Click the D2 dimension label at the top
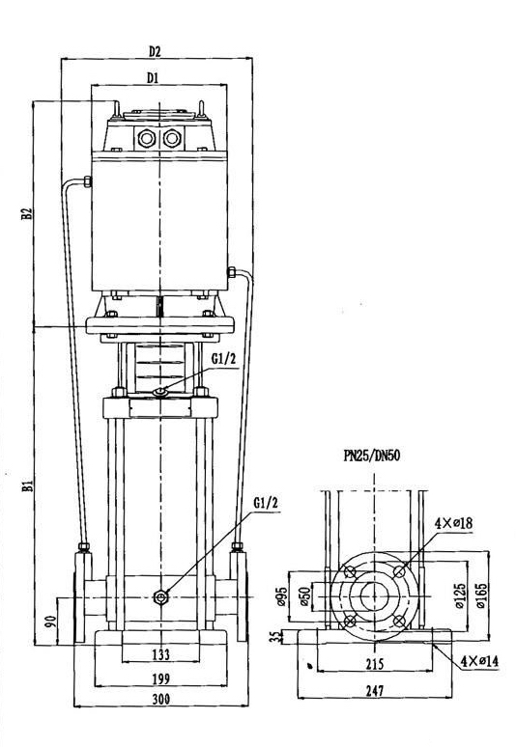(155, 51)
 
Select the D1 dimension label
(152, 77)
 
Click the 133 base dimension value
(160, 654)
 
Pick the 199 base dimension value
(160, 678)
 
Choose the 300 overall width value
(161, 699)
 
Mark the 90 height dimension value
(51, 622)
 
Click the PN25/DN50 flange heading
(371, 456)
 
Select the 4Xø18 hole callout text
(453, 523)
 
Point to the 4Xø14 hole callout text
(479, 661)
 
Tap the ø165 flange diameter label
(480, 595)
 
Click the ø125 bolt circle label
(459, 595)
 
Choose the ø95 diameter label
(282, 596)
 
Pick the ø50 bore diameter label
(304, 596)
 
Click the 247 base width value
(374, 690)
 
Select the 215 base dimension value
(374, 663)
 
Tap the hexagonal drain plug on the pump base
(160, 597)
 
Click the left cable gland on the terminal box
(146, 139)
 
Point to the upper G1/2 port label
(223, 359)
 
